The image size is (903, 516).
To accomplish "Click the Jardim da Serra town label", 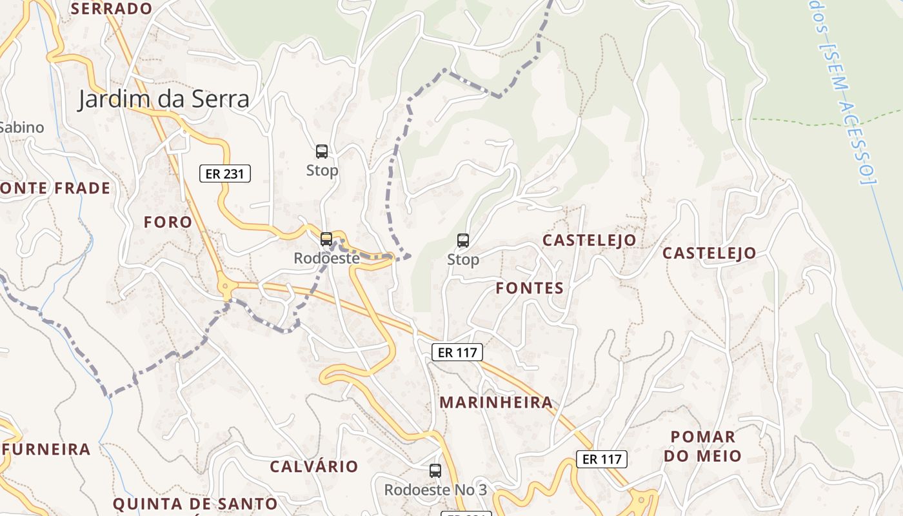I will pyautogui.click(x=164, y=100).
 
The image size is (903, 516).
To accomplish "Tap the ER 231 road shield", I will pyautogui.click(x=224, y=174).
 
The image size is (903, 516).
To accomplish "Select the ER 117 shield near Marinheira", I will pyautogui.click(x=457, y=352).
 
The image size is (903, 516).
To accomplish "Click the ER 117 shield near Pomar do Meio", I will pyautogui.click(x=601, y=459).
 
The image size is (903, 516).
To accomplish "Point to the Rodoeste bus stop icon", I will pyautogui.click(x=326, y=239).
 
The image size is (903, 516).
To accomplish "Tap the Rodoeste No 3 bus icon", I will pyautogui.click(x=435, y=471).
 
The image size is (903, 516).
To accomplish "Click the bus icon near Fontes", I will pyautogui.click(x=462, y=241).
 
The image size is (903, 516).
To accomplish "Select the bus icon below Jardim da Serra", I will pyautogui.click(x=322, y=152).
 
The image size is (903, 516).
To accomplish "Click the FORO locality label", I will pyautogui.click(x=168, y=223).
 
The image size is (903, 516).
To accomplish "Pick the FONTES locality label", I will pyautogui.click(x=530, y=288).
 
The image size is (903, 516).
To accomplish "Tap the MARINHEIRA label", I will pyautogui.click(x=496, y=402).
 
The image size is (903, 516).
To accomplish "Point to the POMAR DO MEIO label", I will pyautogui.click(x=703, y=446).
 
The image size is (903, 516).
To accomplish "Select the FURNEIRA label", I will pyautogui.click(x=46, y=450).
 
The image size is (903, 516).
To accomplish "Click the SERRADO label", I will pyautogui.click(x=112, y=8).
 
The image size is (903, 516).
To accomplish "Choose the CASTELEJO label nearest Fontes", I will pyautogui.click(x=589, y=241).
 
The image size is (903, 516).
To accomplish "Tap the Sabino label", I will pyautogui.click(x=22, y=128).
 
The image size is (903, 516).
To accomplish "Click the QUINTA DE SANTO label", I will pyautogui.click(x=195, y=504).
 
